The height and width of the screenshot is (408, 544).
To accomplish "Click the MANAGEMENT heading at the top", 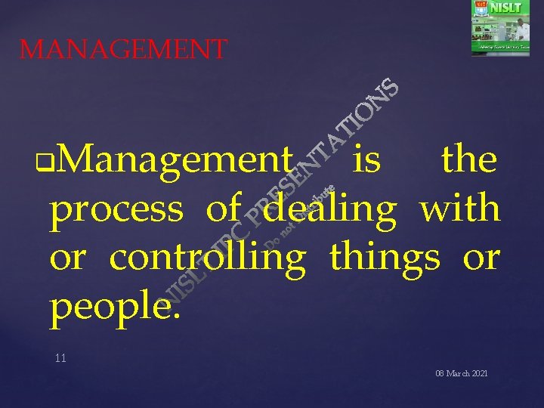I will click(x=123, y=50).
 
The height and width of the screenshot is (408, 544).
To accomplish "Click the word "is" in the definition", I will click(x=366, y=160).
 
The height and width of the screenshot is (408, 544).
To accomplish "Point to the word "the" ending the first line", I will click(x=468, y=160).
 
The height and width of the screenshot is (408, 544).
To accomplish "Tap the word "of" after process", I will click(x=223, y=209).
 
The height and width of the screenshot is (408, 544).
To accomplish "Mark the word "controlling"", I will click(x=208, y=258).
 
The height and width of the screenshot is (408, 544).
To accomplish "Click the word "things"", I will click(x=384, y=258).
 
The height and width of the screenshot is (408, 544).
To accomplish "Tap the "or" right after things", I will click(x=481, y=258).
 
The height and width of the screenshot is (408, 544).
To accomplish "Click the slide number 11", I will click(x=60, y=358).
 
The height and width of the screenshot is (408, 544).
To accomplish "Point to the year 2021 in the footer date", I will click(x=478, y=374).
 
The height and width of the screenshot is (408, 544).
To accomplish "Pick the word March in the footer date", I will click(x=455, y=374).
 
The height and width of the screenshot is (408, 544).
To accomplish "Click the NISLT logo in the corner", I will click(x=500, y=27).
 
